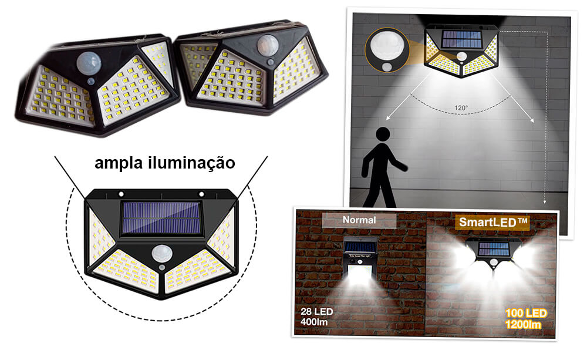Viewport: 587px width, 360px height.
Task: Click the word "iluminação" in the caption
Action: click(x=192, y=163)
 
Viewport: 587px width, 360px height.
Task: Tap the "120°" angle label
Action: click(x=461, y=108)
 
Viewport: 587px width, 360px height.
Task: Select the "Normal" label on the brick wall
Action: click(x=359, y=220)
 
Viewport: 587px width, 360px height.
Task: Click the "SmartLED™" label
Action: click(x=493, y=222)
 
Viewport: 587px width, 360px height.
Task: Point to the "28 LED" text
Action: click(x=317, y=311)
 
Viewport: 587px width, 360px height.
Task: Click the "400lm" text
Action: click(x=313, y=322)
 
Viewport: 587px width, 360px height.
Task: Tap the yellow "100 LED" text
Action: click(x=526, y=313)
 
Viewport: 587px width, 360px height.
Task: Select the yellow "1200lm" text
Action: click(x=523, y=324)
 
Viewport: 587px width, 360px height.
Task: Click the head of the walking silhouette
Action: click(x=383, y=134)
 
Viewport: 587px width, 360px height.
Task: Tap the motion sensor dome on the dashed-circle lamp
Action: click(x=162, y=254)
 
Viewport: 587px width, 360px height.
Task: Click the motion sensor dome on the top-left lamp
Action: click(x=89, y=63)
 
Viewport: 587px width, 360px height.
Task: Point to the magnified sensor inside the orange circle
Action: click(x=388, y=48)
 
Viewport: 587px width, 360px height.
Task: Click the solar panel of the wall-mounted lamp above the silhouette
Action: click(x=461, y=39)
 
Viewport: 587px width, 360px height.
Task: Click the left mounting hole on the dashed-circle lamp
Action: click(x=122, y=194)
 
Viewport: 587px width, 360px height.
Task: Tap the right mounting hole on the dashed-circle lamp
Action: click(x=201, y=194)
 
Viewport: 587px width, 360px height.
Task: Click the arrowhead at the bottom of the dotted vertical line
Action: click(x=545, y=201)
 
